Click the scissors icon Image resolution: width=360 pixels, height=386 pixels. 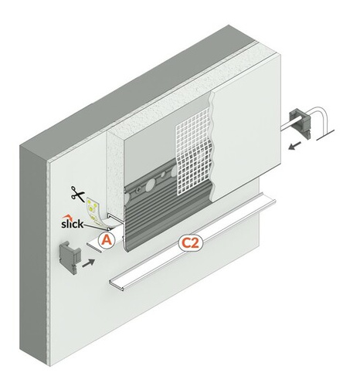(x=77, y=194)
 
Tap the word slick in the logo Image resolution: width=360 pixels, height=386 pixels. (x=73, y=224)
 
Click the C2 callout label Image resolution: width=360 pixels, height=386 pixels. (x=191, y=243)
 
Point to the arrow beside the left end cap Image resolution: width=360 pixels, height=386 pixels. (x=88, y=263)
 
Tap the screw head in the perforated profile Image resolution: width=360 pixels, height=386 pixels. (x=139, y=191)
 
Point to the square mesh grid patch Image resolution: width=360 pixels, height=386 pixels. (x=193, y=154)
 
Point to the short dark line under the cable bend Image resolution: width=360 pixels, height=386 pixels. (x=325, y=135)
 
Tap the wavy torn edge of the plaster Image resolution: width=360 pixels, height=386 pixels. (x=212, y=147)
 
